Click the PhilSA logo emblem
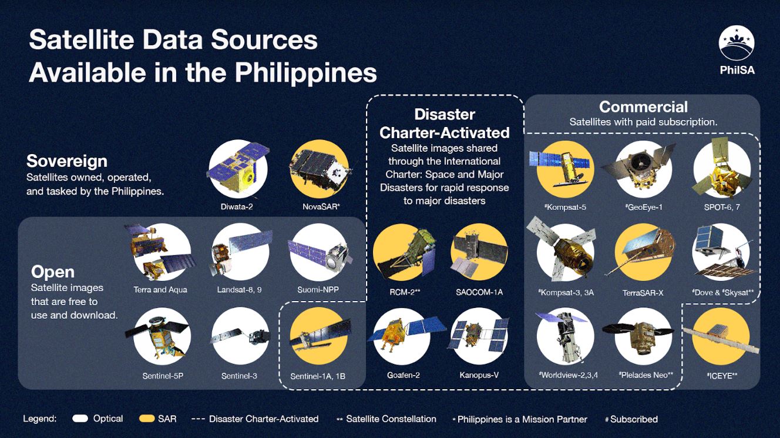pos(737,43)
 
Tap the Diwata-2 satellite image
pos(238,169)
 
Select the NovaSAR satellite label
pos(321,206)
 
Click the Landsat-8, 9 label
pos(239,290)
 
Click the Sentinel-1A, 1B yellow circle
pos(318,336)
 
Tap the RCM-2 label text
pos(405,292)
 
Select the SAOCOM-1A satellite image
pos(479,252)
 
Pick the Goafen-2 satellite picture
pos(405,336)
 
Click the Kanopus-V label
pos(479,375)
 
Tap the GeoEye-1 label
pos(644,208)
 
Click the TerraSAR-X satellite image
pos(643,252)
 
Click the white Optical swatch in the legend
pos(80,419)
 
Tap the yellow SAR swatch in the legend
pos(147,419)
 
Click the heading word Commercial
pos(643,107)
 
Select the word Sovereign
pos(67,161)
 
